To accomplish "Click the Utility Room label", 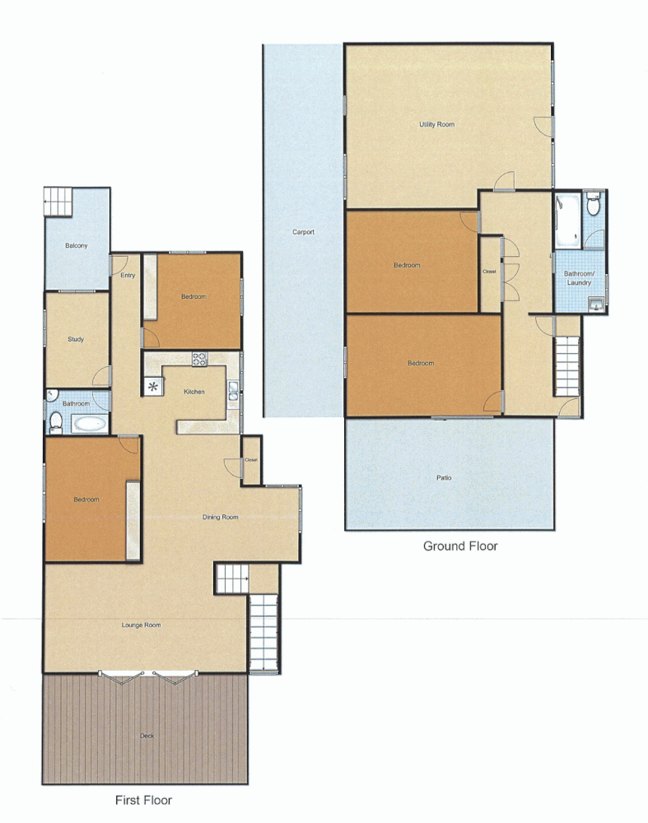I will (x=436, y=125).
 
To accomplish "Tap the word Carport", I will (x=303, y=232).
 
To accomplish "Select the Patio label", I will (x=444, y=477).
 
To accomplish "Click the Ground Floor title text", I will (x=460, y=546).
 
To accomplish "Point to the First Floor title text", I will (x=143, y=799).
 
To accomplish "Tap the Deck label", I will (x=147, y=736).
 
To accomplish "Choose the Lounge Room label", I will (x=141, y=625).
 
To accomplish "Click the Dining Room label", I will (x=220, y=518).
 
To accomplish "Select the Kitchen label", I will (x=193, y=392).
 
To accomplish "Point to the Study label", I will (x=76, y=339).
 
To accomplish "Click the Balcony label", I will (x=77, y=246).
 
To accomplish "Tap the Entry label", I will (x=128, y=276).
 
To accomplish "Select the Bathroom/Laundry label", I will (x=579, y=278).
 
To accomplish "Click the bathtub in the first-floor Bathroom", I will (x=88, y=425).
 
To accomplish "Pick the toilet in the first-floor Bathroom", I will (x=56, y=422).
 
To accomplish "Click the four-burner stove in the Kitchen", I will (x=200, y=359).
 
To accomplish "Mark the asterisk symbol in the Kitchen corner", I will (x=152, y=385).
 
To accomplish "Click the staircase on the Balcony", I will (x=58, y=202).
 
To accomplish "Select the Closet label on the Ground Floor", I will (x=490, y=272).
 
